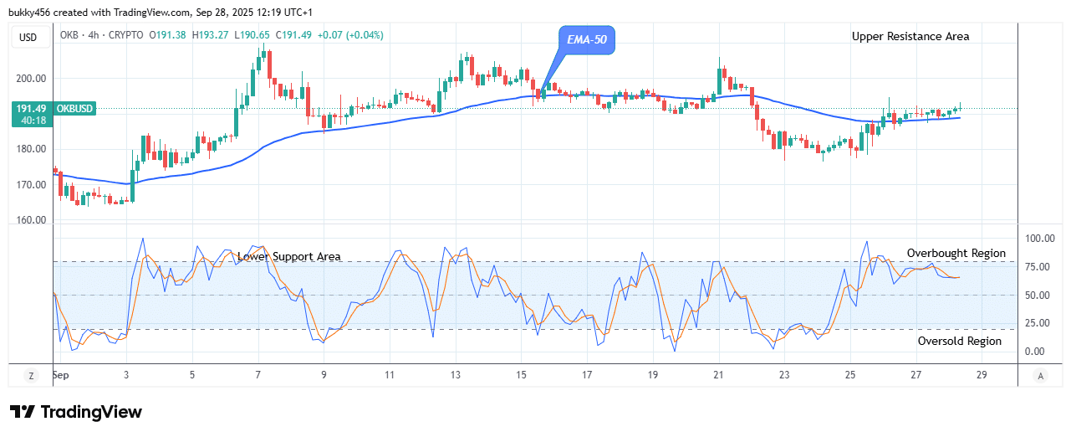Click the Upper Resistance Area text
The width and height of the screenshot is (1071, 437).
[910, 36]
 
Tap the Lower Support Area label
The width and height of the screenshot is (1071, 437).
[288, 257]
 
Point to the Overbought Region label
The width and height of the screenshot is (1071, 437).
[956, 253]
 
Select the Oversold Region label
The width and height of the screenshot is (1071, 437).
[959, 341]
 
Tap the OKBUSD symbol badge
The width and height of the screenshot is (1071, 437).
[75, 109]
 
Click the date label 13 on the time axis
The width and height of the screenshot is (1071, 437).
[456, 375]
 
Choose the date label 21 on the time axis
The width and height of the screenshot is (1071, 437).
[718, 375]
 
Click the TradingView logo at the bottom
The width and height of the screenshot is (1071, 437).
[75, 412]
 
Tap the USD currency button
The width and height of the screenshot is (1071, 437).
[29, 37]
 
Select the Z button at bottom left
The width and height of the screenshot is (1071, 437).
[30, 375]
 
